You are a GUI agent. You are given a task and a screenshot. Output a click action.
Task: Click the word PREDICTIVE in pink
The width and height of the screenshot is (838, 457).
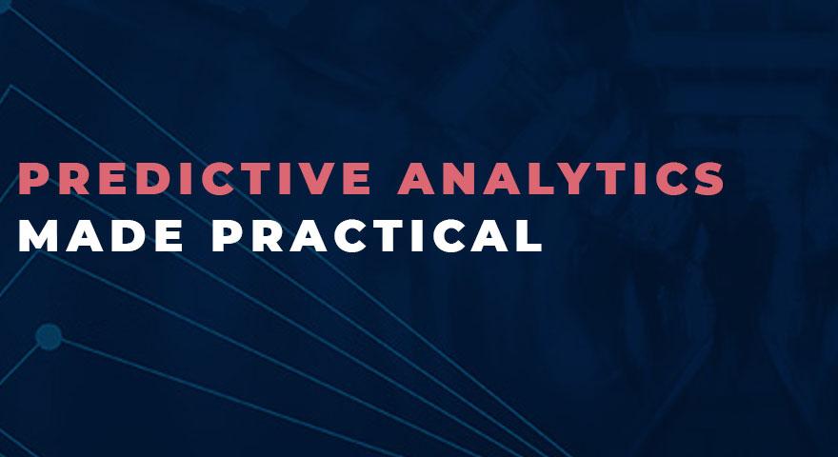point(195,178)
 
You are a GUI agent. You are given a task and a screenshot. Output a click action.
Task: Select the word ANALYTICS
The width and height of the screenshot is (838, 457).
point(561,178)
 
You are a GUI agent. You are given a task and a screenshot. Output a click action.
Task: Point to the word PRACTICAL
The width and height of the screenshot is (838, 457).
point(377,235)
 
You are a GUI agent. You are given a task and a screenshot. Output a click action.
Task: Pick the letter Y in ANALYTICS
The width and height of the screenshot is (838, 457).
point(575,178)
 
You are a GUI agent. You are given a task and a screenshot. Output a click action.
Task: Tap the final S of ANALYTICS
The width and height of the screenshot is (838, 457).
point(709,178)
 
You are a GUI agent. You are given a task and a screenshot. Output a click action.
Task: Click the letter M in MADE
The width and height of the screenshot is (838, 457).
point(38,235)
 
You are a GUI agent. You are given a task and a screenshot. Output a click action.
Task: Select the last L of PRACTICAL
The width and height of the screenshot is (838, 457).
point(530,235)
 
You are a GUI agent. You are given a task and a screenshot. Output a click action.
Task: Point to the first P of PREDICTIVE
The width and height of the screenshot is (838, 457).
point(32,178)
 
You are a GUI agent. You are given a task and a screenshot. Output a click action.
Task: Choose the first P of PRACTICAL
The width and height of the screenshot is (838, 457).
point(227,235)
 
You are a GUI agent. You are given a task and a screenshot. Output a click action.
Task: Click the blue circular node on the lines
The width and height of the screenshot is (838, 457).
point(49,337)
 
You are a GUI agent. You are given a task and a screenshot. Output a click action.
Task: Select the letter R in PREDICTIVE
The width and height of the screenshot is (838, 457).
point(73,178)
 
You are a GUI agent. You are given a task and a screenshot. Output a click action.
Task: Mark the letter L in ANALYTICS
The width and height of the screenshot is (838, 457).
point(539,178)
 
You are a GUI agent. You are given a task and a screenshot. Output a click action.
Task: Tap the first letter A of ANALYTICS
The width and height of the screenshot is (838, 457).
point(416,178)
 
